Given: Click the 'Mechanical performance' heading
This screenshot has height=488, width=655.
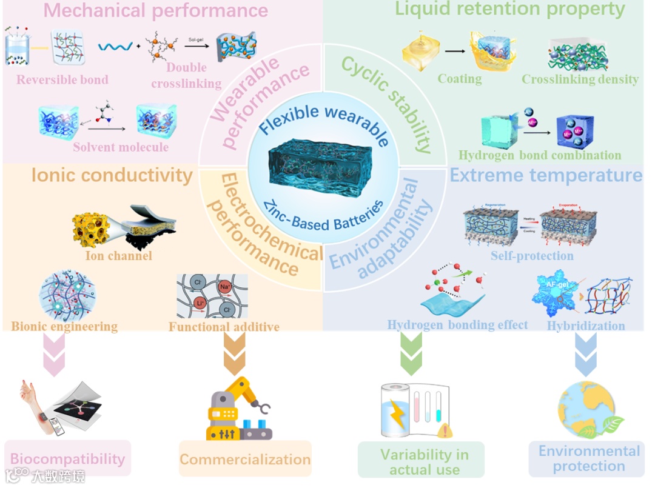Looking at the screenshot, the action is coord(156,10).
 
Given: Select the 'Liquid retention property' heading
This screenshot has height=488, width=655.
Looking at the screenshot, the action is coord(509,9).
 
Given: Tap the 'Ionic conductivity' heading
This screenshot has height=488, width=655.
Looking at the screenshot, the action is coord(112,175).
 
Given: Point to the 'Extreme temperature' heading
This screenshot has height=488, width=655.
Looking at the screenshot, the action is coord(546,175).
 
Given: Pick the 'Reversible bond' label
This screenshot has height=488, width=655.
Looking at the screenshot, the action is coord(62,80).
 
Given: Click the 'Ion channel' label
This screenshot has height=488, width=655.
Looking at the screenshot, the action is coord(118,255).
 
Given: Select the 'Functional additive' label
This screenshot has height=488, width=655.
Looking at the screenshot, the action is coord(224,327).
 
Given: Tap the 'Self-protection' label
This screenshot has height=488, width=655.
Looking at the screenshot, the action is coord(532,255).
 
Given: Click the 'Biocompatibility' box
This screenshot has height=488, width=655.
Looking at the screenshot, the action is coord(67,459).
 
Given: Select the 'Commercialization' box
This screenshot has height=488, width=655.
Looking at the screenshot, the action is coord(245,460).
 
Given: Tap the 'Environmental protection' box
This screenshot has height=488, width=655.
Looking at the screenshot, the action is coord(588,459).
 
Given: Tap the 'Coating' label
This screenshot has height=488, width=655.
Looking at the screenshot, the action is coord(460,79).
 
